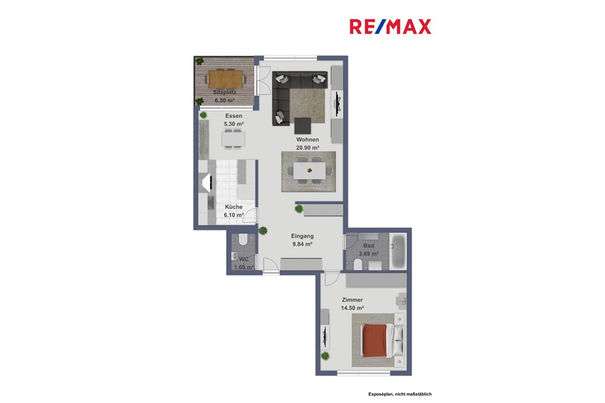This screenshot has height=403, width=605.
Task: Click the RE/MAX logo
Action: (x=390, y=27)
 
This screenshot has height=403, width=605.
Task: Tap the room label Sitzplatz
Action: (x=224, y=92)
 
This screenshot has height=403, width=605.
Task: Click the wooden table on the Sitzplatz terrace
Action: (x=225, y=78)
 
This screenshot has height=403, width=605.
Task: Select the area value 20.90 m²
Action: (x=307, y=147)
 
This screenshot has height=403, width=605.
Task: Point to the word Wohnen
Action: (x=307, y=140)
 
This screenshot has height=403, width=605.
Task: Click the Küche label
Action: (x=234, y=207)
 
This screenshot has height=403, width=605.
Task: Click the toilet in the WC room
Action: (x=243, y=240)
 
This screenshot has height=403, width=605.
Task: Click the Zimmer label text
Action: (x=352, y=300)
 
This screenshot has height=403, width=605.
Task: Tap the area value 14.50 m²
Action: (x=352, y=308)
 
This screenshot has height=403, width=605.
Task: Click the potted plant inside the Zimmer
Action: (x=326, y=356)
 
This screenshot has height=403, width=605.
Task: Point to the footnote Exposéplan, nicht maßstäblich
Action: (x=400, y=394)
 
